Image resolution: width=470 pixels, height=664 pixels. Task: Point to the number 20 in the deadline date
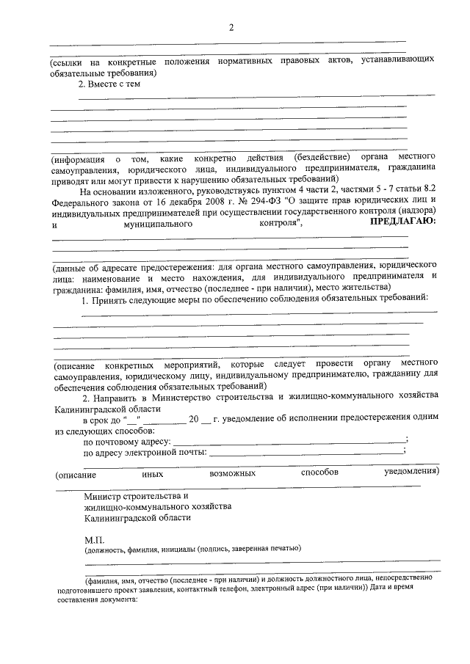[x=194, y=417]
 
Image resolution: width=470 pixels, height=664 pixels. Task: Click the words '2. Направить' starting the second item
[x=110, y=396]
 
